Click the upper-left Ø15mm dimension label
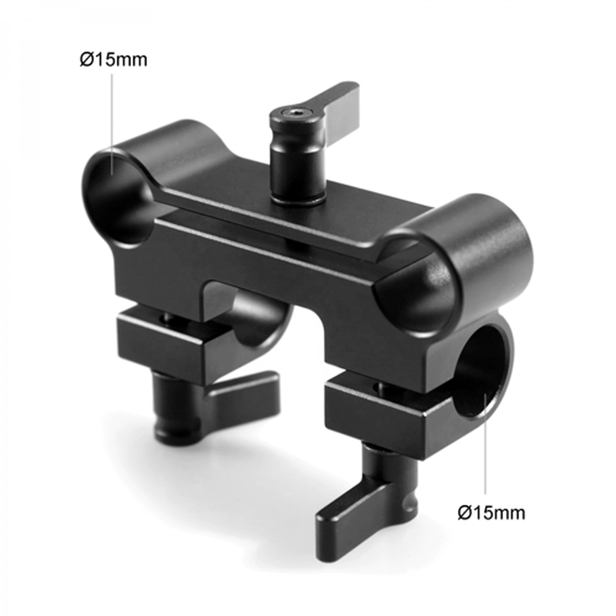(x=113, y=60)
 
